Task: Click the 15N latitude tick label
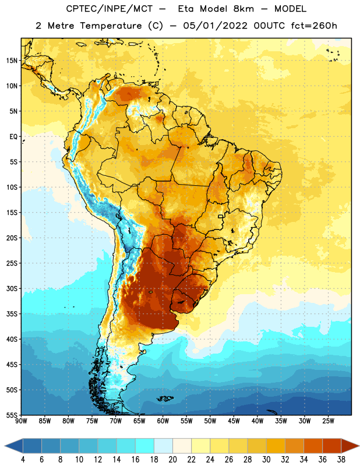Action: (x=12, y=61)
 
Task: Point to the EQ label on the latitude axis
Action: (x=13, y=137)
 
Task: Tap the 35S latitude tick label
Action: (x=12, y=314)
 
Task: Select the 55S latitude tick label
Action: (x=12, y=415)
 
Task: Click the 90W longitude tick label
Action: (x=21, y=421)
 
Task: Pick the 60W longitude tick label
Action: (x=163, y=421)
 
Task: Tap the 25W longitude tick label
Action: (x=328, y=421)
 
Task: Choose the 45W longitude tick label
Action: (x=234, y=421)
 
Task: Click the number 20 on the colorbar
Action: (x=172, y=460)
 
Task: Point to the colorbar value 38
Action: (x=341, y=460)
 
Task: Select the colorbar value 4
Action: (x=23, y=460)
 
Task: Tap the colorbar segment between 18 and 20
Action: (x=164, y=446)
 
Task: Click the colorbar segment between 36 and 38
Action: (x=332, y=446)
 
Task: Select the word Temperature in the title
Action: (x=111, y=26)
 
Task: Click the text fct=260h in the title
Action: (x=314, y=26)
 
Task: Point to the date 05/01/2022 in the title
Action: (x=216, y=26)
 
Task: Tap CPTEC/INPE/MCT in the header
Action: (x=110, y=9)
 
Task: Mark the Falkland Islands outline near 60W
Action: (x=165, y=398)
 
